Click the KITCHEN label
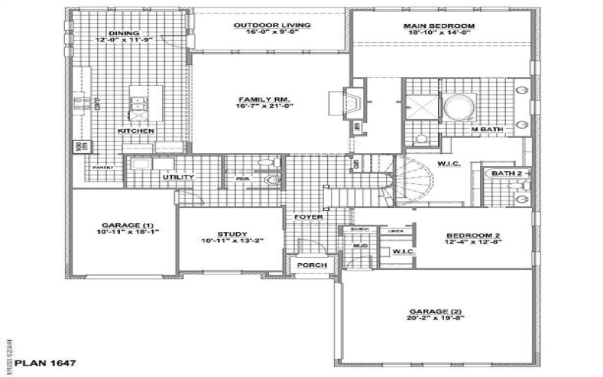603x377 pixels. (x=136, y=131)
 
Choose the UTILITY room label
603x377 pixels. (x=179, y=177)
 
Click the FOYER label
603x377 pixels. (x=309, y=217)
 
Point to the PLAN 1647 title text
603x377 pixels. (x=45, y=363)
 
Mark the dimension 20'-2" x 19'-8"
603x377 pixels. (x=436, y=318)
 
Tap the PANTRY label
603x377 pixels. (x=103, y=167)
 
